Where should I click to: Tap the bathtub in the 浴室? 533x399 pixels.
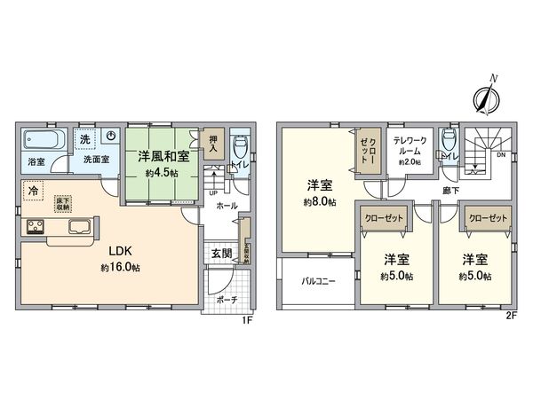pyautogui.click(x=41, y=140)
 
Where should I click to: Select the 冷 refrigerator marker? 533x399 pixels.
pyautogui.click(x=33, y=189)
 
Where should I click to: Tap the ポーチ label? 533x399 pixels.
pyautogui.click(x=227, y=299)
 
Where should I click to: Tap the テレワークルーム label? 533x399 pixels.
pyautogui.click(x=410, y=147)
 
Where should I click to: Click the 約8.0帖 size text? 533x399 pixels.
pyautogui.click(x=321, y=203)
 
